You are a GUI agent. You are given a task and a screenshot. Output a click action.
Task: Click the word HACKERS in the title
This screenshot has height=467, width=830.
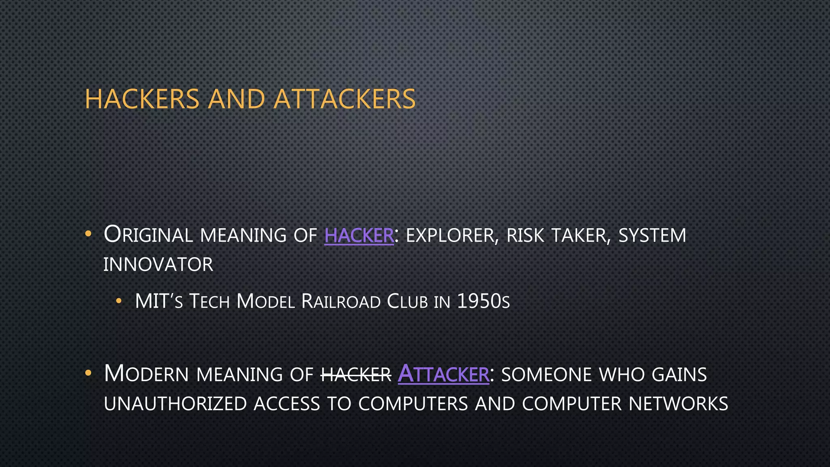pos(142,99)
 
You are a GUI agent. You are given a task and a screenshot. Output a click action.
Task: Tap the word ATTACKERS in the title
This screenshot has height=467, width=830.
pos(344,99)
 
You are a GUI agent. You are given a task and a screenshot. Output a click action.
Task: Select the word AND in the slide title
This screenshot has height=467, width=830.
pos(236,99)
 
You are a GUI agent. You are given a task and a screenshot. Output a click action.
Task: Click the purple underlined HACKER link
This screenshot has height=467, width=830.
pos(359,236)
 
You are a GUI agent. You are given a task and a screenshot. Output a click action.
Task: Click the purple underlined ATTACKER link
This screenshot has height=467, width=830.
pos(443,374)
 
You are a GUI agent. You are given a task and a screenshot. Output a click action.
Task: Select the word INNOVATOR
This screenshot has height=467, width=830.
pos(158,265)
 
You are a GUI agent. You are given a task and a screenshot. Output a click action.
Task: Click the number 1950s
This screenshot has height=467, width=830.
pos(483,302)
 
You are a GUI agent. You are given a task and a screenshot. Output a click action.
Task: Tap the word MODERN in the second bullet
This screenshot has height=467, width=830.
pos(146,374)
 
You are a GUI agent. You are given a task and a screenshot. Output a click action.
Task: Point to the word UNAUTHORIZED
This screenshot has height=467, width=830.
pos(175,404)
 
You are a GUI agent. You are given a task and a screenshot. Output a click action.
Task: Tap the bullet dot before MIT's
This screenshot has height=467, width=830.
pos(118,301)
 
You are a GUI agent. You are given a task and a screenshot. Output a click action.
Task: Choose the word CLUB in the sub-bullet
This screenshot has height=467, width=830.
pos(407,302)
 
